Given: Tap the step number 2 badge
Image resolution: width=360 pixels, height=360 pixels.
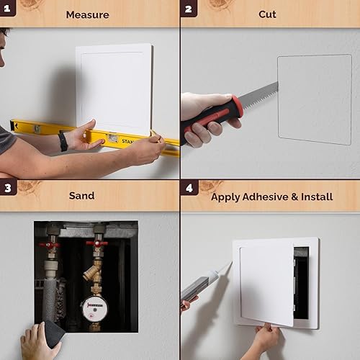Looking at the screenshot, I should pyautogui.click(x=189, y=9).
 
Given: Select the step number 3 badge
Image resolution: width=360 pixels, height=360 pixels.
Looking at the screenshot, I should pyautogui.click(x=8, y=189).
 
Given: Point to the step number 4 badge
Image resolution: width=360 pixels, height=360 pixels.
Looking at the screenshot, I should pyautogui.click(x=189, y=189).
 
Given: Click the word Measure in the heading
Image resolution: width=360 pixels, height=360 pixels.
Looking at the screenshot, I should pyautogui.click(x=87, y=14).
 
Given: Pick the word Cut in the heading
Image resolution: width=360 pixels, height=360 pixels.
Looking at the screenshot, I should pyautogui.click(x=267, y=14).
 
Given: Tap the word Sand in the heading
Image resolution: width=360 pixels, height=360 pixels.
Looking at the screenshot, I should pyautogui.click(x=81, y=195).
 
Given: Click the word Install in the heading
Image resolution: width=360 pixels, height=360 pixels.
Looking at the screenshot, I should pyautogui.click(x=317, y=196).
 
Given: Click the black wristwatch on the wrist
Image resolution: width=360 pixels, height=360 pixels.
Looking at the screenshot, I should pyautogui.click(x=63, y=140).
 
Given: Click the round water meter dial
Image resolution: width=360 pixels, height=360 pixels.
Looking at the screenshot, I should pyautogui.click(x=94, y=308).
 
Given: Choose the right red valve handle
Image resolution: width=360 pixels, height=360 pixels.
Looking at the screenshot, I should pyautogui.click(x=97, y=244).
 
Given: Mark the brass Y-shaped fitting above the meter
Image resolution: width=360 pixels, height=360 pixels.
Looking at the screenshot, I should pyautogui.click(x=92, y=271).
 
